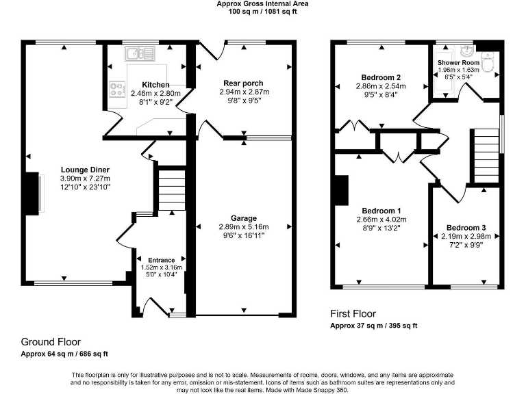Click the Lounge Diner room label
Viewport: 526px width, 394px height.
pyautogui.click(x=86, y=170)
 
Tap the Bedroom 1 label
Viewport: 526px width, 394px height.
pyautogui.click(x=381, y=211)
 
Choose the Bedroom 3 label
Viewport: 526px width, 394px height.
pyautogui.click(x=466, y=228)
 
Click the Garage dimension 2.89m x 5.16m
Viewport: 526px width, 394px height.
pyautogui.click(x=244, y=227)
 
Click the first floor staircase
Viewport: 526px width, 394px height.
pyautogui.click(x=484, y=154)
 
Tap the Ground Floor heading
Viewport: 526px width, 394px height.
pyautogui.click(x=51, y=342)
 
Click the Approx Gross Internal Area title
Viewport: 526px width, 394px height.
pyautogui.click(x=262, y=3)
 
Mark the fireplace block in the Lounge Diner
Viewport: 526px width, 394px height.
pyautogui.click(x=32, y=194)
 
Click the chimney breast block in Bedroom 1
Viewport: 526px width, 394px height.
pyautogui.click(x=340, y=189)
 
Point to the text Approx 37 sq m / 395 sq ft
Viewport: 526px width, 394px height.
pyautogui.click(x=374, y=326)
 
